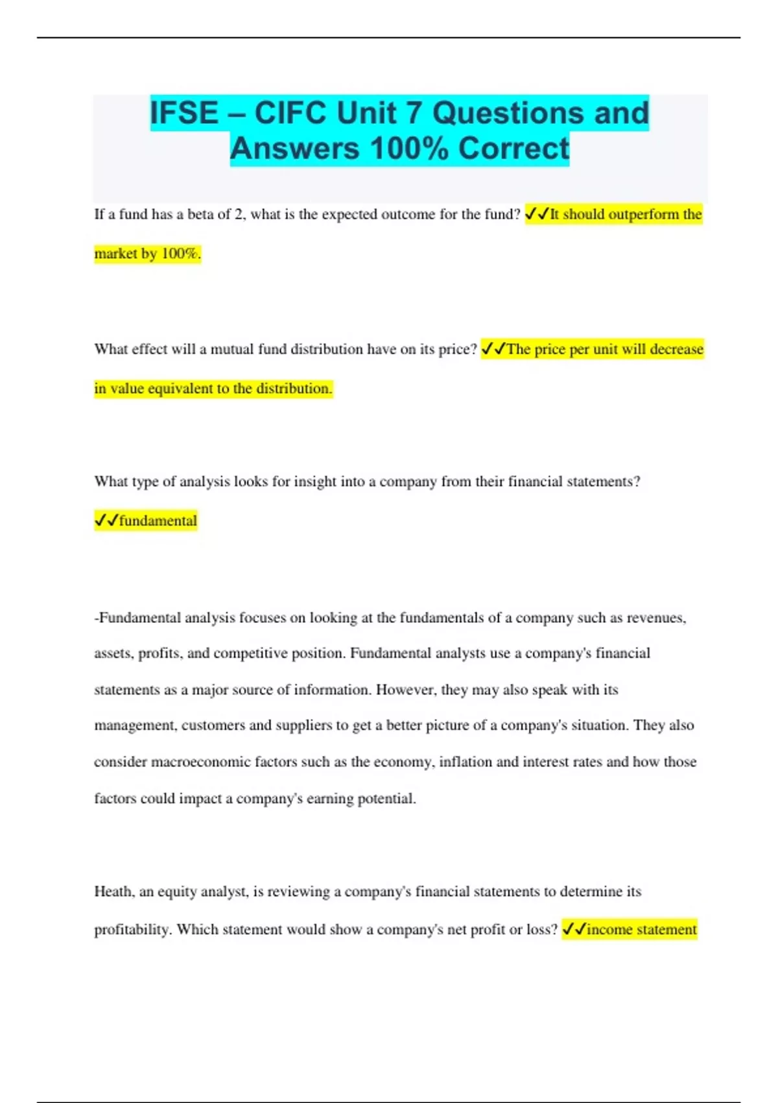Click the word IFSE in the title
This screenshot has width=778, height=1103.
[184, 113]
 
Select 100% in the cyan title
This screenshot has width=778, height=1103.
[409, 149]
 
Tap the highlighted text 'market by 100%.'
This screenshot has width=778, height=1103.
[148, 254]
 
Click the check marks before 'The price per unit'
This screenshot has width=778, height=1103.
[493, 349]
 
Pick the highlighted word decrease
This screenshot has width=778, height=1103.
[676, 349]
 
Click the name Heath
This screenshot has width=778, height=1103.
[114, 891]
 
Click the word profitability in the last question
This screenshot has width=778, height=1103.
[133, 930]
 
